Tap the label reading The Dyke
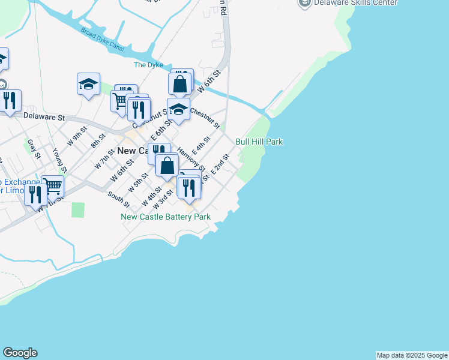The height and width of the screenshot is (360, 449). pyautogui.click(x=148, y=65)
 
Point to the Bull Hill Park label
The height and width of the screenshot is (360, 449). pyautogui.click(x=259, y=142)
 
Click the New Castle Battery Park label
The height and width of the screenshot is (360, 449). pyautogui.click(x=166, y=217)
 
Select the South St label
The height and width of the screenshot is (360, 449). pyautogui.click(x=118, y=200)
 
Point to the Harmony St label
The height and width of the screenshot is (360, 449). pyautogui.click(x=191, y=160)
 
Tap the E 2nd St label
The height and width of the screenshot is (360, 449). pyautogui.click(x=220, y=164)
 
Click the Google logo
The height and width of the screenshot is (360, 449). pyautogui.click(x=20, y=353)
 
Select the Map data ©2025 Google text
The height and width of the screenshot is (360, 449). pyautogui.click(x=412, y=355)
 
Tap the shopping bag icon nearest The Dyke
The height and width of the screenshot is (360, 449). pyautogui.click(x=180, y=84)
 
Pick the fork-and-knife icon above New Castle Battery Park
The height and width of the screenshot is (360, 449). pyautogui.click(x=190, y=188)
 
